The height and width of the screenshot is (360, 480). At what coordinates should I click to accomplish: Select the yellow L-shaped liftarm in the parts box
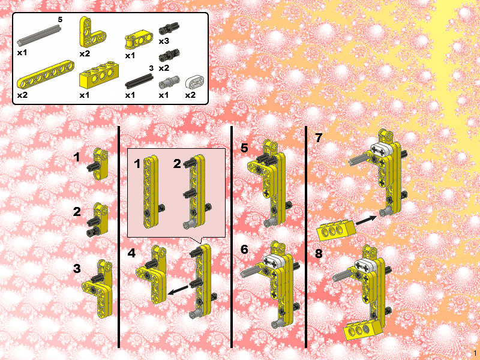pos(91,32)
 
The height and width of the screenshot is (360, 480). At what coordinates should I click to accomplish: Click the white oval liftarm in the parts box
pos(194,82)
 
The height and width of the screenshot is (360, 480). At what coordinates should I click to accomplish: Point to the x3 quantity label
pos(164,41)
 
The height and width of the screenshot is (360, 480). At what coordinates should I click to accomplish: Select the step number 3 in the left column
pos(77,268)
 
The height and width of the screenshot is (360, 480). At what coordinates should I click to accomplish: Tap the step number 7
pos(319,137)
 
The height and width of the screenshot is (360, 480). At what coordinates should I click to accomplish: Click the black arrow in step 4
pos(178,290)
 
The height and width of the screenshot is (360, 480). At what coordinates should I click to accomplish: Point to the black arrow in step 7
pos(366,220)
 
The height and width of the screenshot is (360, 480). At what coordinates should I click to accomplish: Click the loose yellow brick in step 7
pos(336,230)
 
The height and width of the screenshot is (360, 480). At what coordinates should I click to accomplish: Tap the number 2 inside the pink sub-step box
pos(177,164)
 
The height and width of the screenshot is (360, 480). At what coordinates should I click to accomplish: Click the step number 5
pos(244,148)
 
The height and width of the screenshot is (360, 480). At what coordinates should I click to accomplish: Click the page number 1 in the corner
pos(475,353)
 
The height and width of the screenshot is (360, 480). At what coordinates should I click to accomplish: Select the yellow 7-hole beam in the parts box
pos(46,74)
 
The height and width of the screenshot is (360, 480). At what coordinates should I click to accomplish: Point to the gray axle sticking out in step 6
pos(251,271)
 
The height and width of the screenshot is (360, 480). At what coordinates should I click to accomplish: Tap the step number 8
pos(319,253)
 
